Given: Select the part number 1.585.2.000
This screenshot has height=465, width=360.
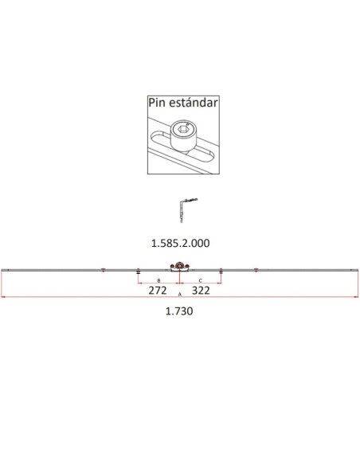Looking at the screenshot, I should click(180, 241).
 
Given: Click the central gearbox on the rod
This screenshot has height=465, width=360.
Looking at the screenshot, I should click(181, 269).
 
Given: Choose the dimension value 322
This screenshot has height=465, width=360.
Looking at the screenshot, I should click(202, 291).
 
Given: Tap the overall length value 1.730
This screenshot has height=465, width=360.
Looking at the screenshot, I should click(180, 311).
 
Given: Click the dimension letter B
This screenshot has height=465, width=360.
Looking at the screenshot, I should click(158, 281).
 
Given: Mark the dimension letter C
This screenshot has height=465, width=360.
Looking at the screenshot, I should click(200, 281).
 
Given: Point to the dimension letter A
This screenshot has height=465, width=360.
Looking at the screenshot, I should click(180, 295).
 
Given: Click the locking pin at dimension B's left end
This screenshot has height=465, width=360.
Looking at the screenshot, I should click(139, 272).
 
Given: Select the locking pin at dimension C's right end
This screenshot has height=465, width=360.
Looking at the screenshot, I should click(221, 272).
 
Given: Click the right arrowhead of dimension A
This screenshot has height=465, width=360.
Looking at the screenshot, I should click(356, 298).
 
